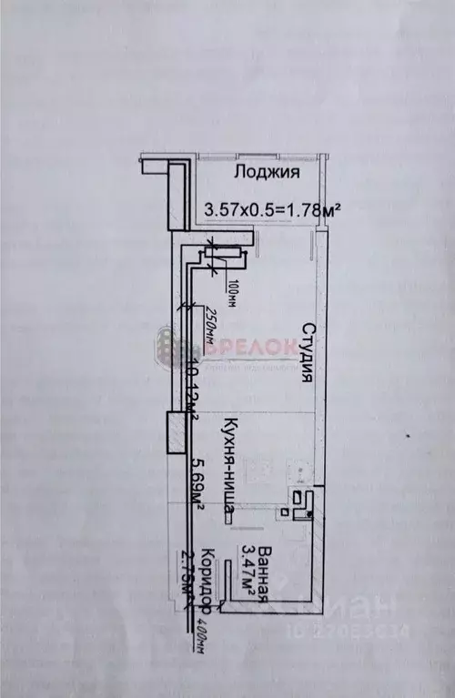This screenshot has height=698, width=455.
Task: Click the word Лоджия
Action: coord(267,172)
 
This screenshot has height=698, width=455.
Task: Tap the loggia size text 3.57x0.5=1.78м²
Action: coord(273,210)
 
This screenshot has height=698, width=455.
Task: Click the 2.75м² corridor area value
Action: coord(192,573)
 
